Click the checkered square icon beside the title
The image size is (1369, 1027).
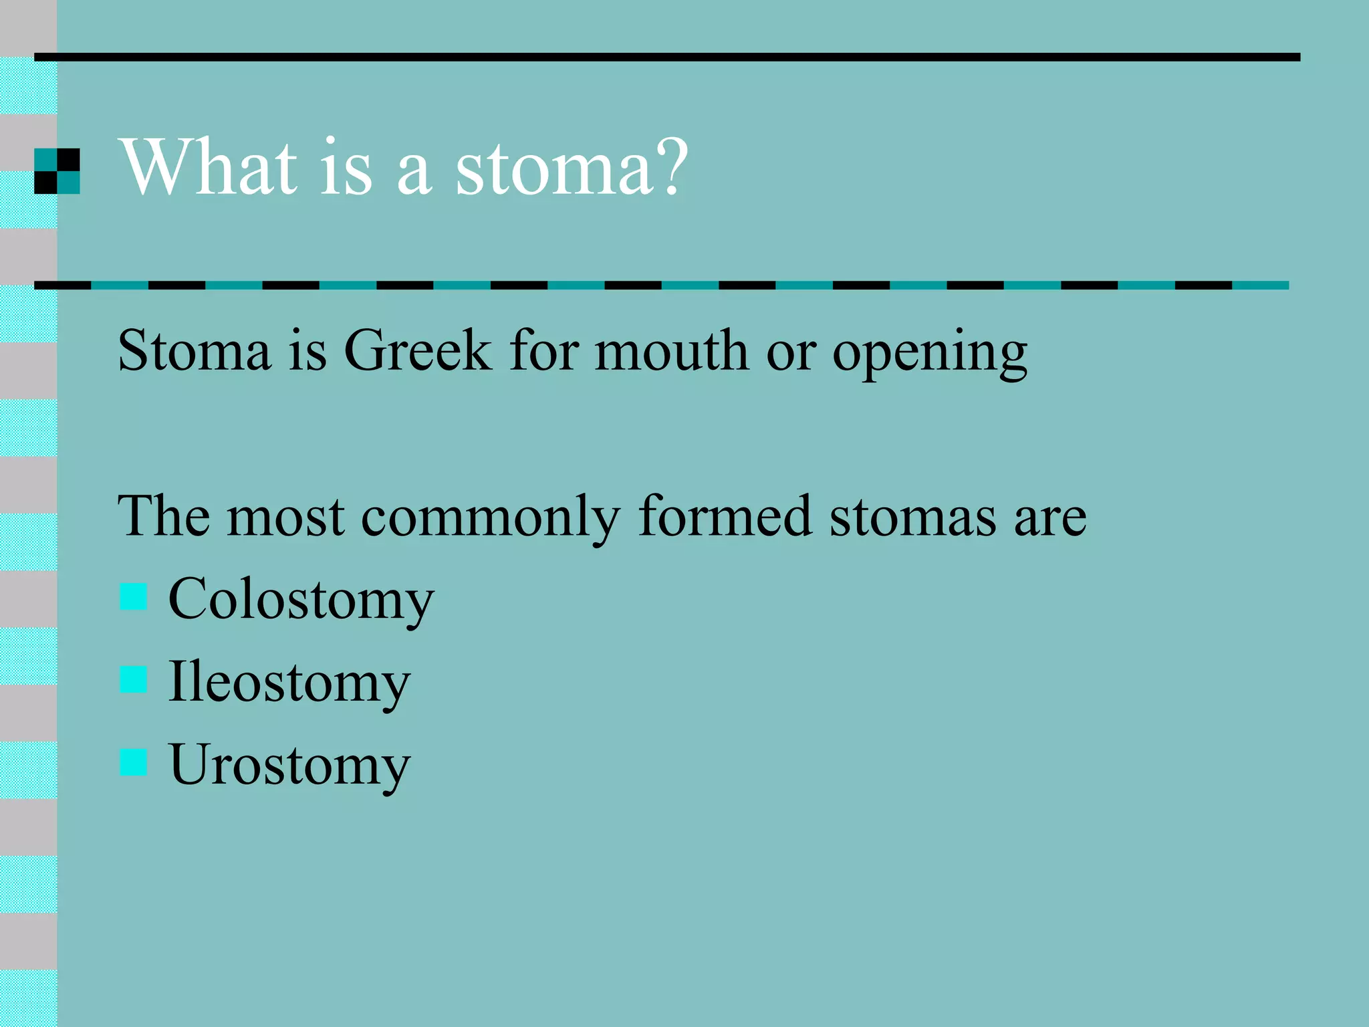click(x=57, y=171)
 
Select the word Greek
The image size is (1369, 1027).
click(x=417, y=350)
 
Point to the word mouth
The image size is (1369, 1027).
click(x=671, y=350)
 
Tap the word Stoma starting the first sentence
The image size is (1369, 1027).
click(x=195, y=350)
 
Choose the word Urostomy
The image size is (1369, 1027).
click(x=289, y=766)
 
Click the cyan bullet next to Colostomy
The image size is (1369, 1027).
click(x=133, y=596)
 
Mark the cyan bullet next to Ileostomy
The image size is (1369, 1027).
click(x=133, y=679)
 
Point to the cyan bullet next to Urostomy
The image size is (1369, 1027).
click(x=133, y=762)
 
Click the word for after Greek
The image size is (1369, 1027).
click(x=543, y=350)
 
